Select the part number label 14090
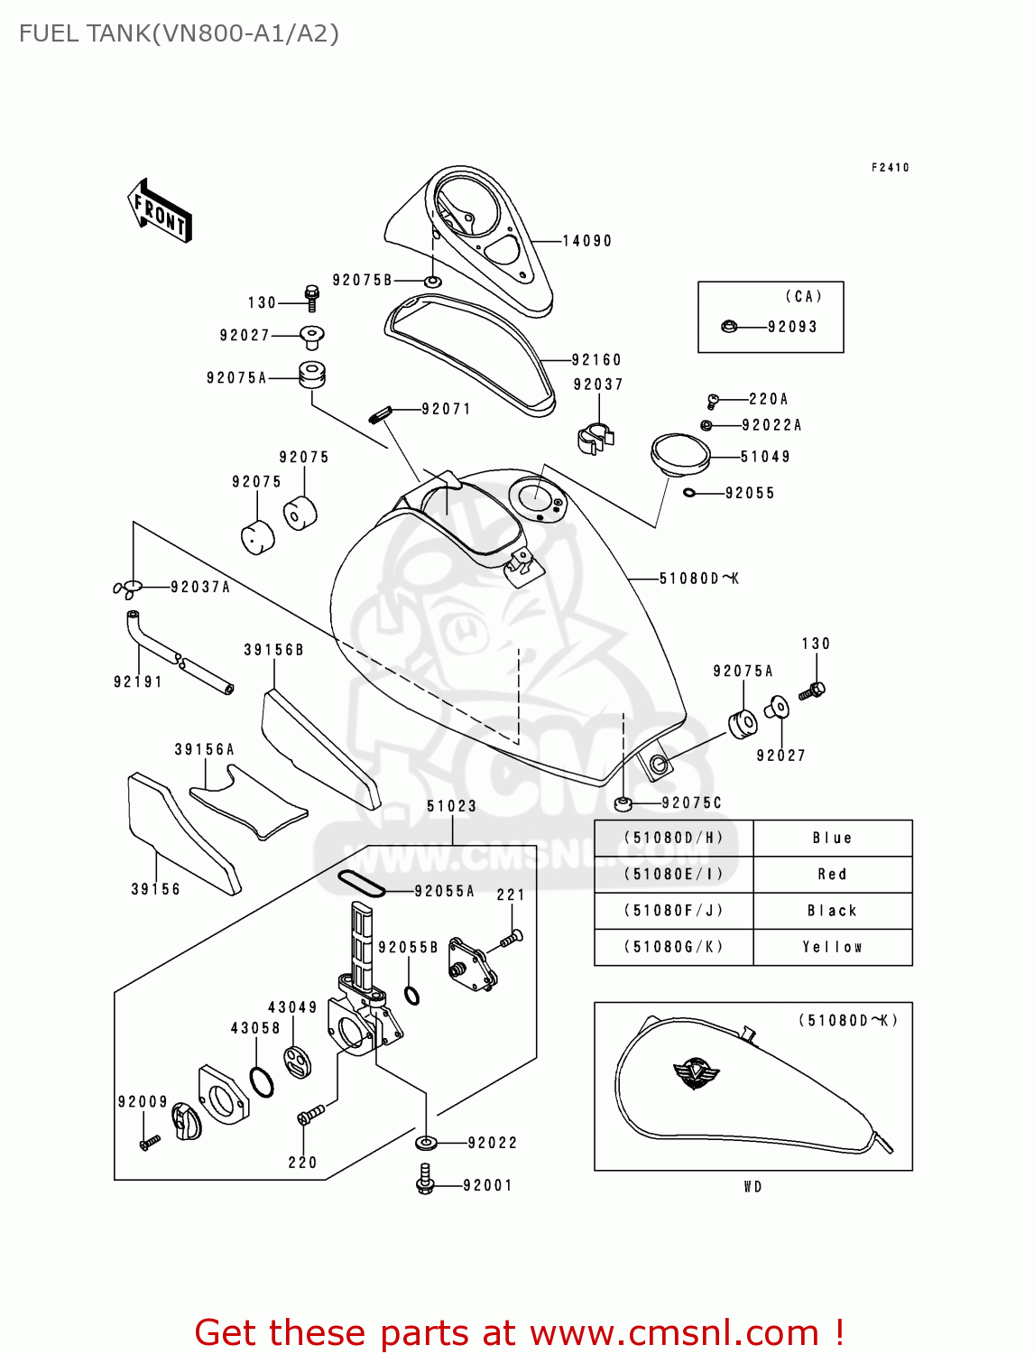[x=587, y=241]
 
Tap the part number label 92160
[x=596, y=360]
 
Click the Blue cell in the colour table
[x=832, y=839]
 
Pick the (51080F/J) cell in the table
[x=673, y=911]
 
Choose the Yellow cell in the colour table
[x=832, y=947]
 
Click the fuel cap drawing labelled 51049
[x=680, y=453]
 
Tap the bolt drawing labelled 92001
[x=426, y=1179]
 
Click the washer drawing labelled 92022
[x=426, y=1144]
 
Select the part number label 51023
[x=451, y=806]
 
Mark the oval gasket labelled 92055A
[x=361, y=884]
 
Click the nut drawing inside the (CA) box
[x=729, y=326]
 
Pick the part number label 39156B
[x=273, y=650]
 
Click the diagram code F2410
[x=890, y=168]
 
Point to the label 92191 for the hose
[x=138, y=682]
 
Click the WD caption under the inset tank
[x=752, y=1187]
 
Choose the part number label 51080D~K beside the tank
[x=698, y=579]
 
